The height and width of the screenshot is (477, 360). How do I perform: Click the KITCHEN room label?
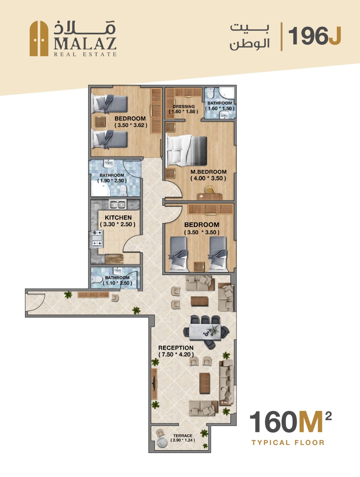(118, 218)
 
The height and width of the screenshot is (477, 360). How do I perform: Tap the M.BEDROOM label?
(209, 172)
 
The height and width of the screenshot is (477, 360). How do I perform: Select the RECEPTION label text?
(176, 348)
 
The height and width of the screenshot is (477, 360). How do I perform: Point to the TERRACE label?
(183, 436)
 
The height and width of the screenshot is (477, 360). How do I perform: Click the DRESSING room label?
(184, 107)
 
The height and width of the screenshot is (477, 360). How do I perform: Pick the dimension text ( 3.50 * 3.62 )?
(131, 125)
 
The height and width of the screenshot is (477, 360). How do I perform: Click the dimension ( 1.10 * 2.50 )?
(117, 283)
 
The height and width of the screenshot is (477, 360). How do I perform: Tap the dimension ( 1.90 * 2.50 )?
(112, 181)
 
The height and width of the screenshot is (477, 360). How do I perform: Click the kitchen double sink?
(117, 205)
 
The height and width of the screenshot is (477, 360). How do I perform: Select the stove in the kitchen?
(97, 238)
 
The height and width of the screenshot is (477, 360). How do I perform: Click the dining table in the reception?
(205, 332)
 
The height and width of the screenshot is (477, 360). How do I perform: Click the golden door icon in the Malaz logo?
(39, 38)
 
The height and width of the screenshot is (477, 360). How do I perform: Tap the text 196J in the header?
(315, 36)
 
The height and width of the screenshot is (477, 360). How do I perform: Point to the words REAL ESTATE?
(85, 54)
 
